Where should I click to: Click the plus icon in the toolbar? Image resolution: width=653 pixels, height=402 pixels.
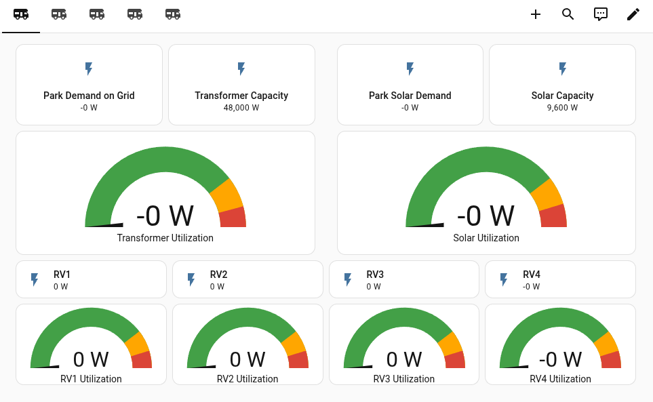pyautogui.click(x=536, y=14)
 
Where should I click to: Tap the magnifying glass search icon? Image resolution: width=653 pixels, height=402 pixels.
pyautogui.click(x=568, y=14)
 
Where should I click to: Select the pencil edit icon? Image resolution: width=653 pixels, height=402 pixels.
pyautogui.click(x=633, y=14)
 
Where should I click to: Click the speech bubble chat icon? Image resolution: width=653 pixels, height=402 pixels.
pyautogui.click(x=601, y=14)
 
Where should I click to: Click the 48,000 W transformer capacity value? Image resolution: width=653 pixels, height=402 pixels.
pyautogui.click(x=241, y=108)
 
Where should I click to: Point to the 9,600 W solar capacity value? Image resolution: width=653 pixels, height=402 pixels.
pyautogui.click(x=562, y=108)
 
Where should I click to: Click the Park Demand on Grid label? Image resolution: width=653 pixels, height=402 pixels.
pyautogui.click(x=89, y=96)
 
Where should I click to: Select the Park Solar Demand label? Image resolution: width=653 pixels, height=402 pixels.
pyautogui.click(x=410, y=96)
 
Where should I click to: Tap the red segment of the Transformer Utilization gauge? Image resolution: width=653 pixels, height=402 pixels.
pyautogui.click(x=233, y=218)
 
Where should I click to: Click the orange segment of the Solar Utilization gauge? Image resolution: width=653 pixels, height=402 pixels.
pyautogui.click(x=547, y=195)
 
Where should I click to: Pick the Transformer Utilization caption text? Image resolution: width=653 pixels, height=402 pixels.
pyautogui.click(x=165, y=238)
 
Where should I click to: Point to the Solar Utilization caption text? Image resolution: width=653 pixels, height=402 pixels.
pyautogui.click(x=486, y=238)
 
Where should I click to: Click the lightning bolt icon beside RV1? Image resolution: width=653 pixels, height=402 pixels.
pyautogui.click(x=35, y=279)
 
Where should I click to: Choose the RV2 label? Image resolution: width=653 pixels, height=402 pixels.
pyautogui.click(x=218, y=275)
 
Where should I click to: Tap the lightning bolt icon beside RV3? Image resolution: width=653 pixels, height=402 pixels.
pyautogui.click(x=348, y=279)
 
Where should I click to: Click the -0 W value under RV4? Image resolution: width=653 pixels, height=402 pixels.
pyautogui.click(x=532, y=287)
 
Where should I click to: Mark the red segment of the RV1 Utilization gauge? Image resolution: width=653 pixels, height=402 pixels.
pyautogui.click(x=142, y=361)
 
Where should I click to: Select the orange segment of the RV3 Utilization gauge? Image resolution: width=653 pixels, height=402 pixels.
pyautogui.click(x=450, y=344)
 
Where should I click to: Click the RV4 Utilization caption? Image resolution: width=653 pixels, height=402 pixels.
pyautogui.click(x=560, y=379)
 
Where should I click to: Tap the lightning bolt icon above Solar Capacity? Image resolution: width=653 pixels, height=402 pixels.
pyautogui.click(x=562, y=68)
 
